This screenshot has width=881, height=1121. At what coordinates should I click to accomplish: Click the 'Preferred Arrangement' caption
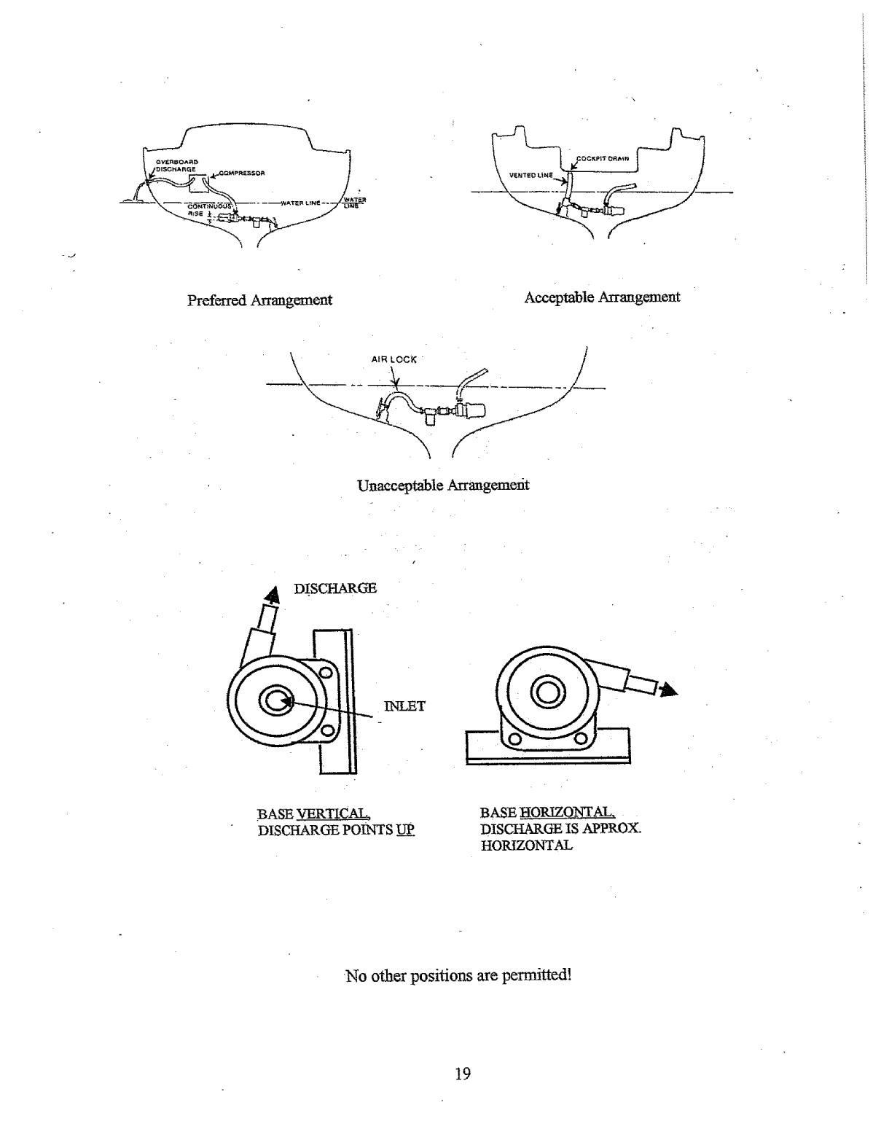click(259, 300)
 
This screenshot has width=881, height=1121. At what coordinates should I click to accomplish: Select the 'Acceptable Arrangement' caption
click(602, 297)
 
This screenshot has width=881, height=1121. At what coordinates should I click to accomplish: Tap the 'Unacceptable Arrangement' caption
click(443, 485)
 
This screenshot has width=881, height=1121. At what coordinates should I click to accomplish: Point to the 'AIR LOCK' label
click(394, 359)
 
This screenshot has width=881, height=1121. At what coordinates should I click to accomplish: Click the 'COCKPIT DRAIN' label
click(608, 157)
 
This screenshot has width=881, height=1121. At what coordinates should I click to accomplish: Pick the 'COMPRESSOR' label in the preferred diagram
click(241, 173)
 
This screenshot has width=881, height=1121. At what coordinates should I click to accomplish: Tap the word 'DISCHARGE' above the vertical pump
click(335, 588)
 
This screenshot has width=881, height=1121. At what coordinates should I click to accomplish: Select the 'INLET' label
click(404, 706)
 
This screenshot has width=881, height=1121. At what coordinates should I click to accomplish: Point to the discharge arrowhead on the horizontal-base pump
click(668, 690)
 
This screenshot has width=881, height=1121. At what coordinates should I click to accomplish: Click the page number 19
click(462, 1073)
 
